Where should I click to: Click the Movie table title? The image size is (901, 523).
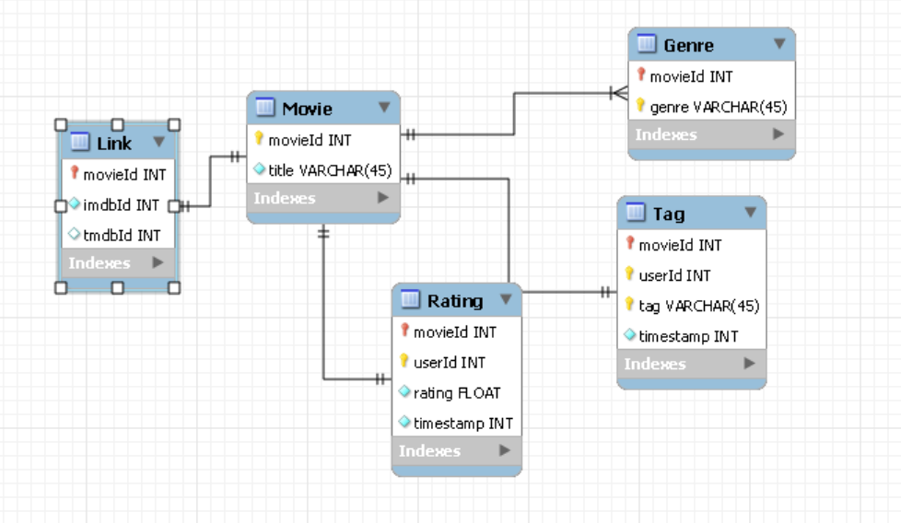coord(307,109)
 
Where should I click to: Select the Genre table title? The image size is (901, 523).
coord(688,44)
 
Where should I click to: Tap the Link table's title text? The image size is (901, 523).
coord(114,143)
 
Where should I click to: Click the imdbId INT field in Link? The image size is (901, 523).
coord(121,204)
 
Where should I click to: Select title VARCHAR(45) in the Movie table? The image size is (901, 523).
coord(330,170)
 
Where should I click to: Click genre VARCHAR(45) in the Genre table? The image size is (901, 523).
coord(718,107)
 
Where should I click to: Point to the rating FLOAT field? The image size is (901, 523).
coord(456,392)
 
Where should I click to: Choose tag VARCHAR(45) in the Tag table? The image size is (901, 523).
coord(698,306)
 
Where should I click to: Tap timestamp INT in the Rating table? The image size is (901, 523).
coord(462,424)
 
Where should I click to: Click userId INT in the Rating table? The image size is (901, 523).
coord(449,362)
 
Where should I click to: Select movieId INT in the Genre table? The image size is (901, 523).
coord(691,76)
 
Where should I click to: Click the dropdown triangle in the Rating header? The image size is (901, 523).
coord(506,300)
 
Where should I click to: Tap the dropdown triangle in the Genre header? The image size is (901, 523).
coord(779,43)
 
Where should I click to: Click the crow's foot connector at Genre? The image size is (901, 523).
coord(618,93)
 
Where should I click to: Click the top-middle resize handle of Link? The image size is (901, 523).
coord(117,124)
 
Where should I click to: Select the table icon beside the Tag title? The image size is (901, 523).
coord(635,213)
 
